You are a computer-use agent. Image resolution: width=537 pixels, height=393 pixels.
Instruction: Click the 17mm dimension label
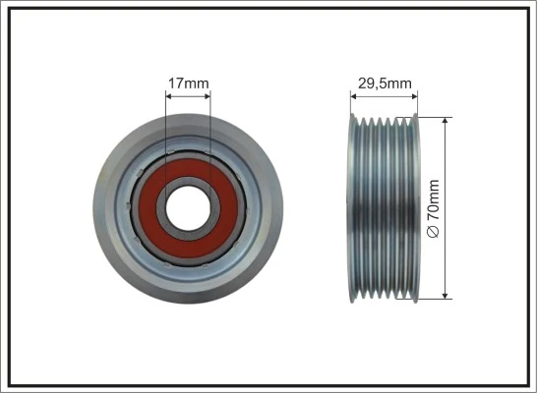tap(188, 84)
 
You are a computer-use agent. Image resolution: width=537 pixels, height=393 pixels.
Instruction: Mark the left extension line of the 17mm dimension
tap(167, 128)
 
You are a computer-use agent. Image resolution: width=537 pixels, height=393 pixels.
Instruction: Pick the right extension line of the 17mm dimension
tap(209, 128)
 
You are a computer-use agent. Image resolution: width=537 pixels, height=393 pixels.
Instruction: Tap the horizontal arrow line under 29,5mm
tap(385, 97)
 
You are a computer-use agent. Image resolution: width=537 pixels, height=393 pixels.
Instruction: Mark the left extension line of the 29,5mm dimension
tap(351, 106)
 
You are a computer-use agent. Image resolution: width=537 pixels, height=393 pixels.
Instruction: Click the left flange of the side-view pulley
tap(353, 206)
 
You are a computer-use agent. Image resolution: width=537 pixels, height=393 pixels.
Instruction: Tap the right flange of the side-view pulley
tap(417, 206)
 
